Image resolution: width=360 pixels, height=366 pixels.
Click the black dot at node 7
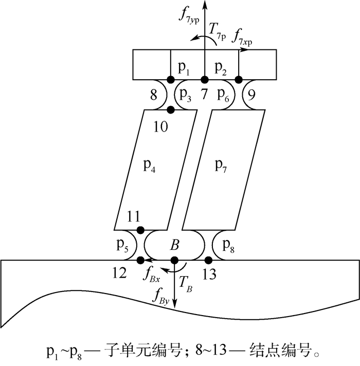(204, 80)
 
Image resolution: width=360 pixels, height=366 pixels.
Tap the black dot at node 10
(171, 109)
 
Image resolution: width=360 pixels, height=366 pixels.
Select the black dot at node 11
(140, 229)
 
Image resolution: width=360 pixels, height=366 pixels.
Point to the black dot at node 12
(140, 260)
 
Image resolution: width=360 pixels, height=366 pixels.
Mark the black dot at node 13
(209, 260)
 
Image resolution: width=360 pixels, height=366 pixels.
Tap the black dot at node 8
(170, 80)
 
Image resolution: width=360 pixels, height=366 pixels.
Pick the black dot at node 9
(239, 80)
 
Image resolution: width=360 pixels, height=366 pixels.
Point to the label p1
(184, 67)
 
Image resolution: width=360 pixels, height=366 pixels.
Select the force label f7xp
(244, 36)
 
